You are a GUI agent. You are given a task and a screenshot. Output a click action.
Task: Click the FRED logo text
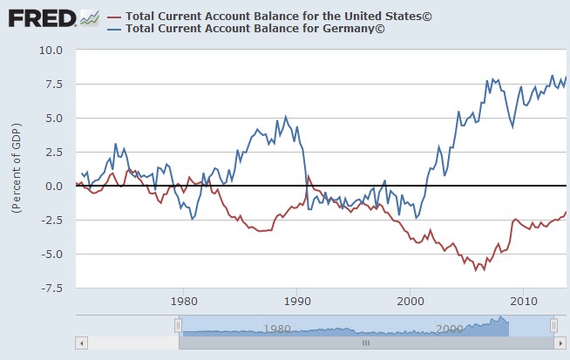(39, 17)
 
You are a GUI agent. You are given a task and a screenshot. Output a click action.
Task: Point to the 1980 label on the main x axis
(183, 301)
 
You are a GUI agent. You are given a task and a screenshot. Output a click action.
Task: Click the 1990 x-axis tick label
(296, 301)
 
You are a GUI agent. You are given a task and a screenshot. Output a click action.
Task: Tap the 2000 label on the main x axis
(410, 301)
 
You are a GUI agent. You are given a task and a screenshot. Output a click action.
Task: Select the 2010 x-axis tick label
(523, 301)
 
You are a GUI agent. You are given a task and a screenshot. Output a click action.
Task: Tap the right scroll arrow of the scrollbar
(563, 343)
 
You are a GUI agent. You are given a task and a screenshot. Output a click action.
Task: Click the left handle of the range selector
(178, 325)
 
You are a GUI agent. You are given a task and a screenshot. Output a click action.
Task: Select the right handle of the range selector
(553, 325)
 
